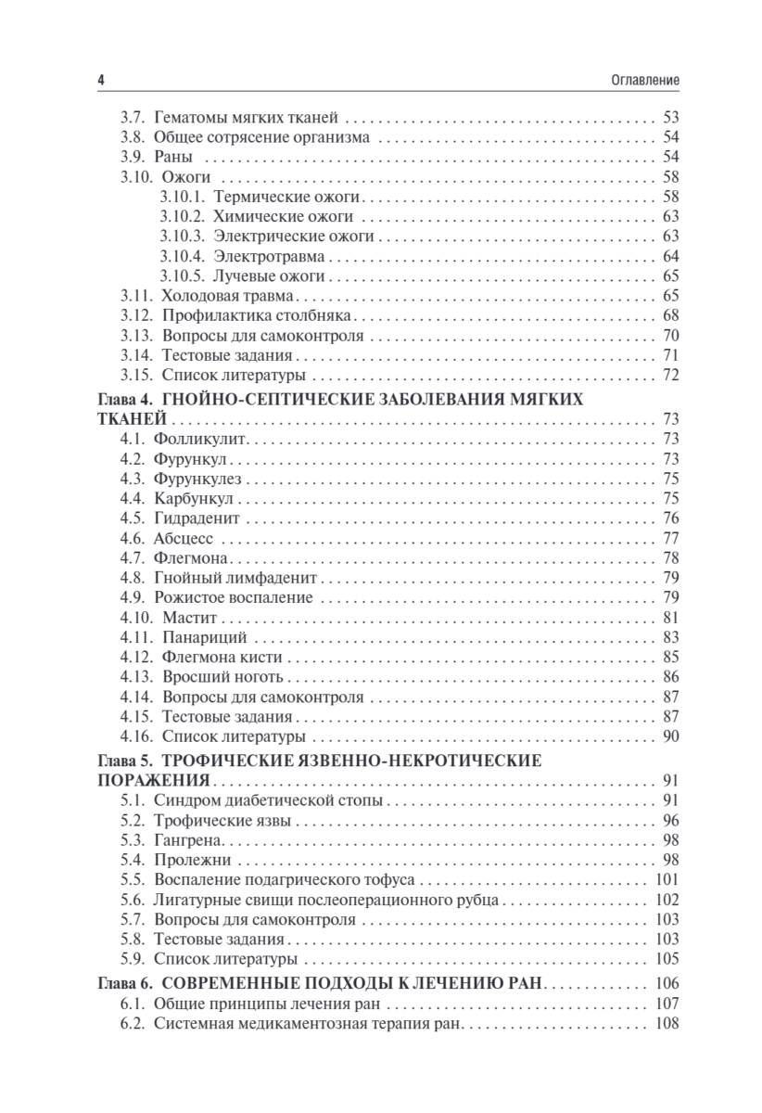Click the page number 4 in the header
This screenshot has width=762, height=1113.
[x=100, y=81]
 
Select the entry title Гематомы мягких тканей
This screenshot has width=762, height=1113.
[x=246, y=118]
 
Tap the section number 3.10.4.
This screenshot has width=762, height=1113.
[x=182, y=255]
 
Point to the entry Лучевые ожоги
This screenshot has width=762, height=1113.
[x=268, y=275]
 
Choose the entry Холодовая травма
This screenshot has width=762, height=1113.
[x=227, y=296]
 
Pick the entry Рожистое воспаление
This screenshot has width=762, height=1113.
[x=233, y=597]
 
